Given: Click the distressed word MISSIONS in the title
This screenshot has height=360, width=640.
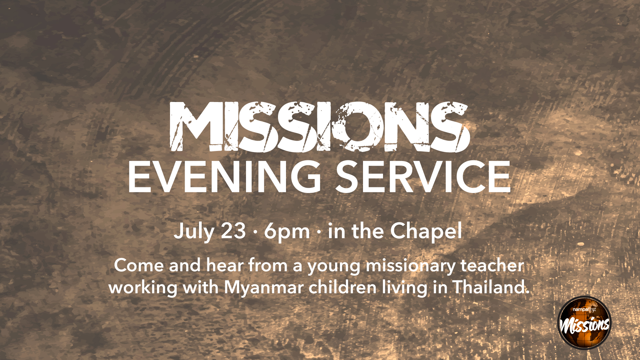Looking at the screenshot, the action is [x=320, y=127].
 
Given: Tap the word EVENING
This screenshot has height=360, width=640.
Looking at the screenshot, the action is [x=225, y=177].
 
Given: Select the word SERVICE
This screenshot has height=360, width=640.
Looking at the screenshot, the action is [x=423, y=177].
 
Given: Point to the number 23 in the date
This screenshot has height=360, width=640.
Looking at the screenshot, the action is [x=233, y=231].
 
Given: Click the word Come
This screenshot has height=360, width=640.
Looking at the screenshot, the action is [x=139, y=266].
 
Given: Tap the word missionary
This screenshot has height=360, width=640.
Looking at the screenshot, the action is [x=411, y=267].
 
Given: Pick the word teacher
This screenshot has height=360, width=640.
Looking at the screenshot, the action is [x=492, y=266].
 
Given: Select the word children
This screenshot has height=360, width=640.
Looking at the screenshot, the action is [x=342, y=287].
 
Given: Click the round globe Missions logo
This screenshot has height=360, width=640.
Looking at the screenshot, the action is [x=585, y=323].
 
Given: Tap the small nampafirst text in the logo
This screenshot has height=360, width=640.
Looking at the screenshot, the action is [x=584, y=310].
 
